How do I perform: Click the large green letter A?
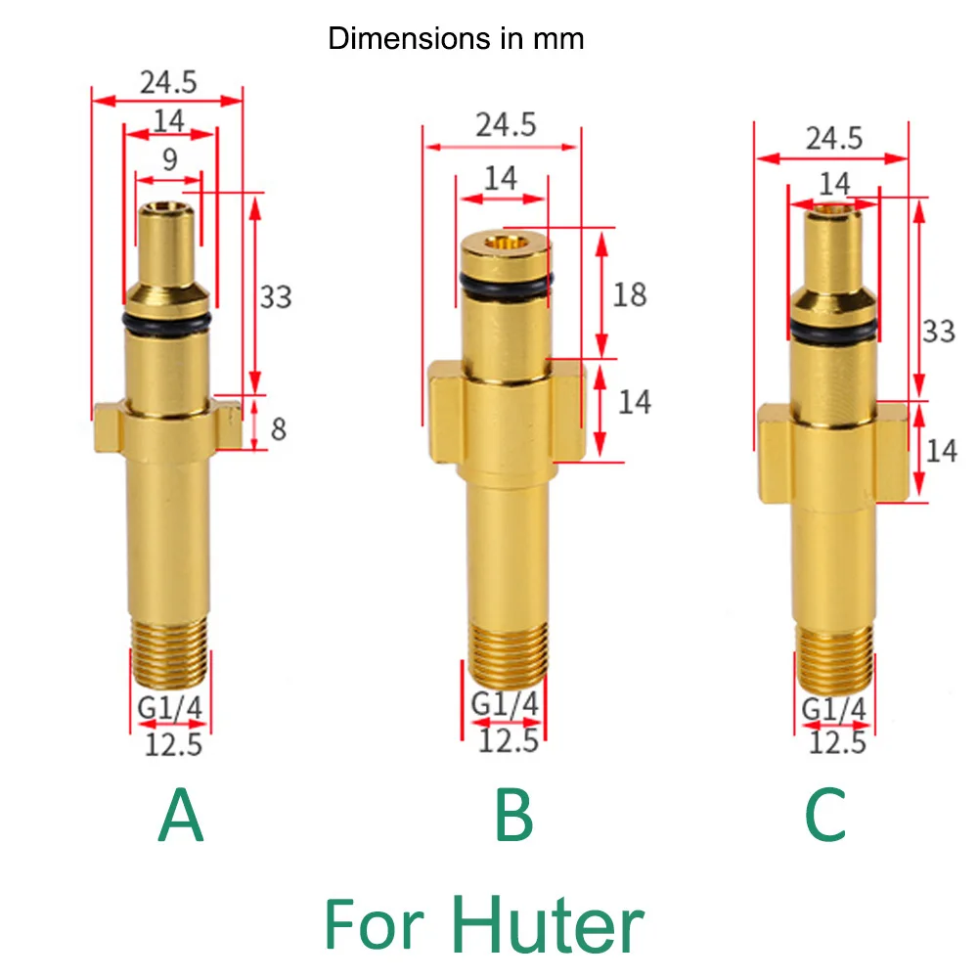tap(181, 818)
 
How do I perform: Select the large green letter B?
tap(513, 818)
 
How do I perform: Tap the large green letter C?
tap(826, 818)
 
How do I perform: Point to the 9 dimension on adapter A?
tap(170, 160)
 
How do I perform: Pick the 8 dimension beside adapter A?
tap(278, 428)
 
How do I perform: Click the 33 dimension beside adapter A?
tap(276, 295)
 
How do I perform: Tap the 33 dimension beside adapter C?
tap(939, 331)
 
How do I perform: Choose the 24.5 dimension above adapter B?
tap(506, 124)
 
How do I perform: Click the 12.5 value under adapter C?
tap(838, 742)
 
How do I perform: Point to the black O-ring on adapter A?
tap(168, 323)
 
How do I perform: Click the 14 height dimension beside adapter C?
tap(941, 450)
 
